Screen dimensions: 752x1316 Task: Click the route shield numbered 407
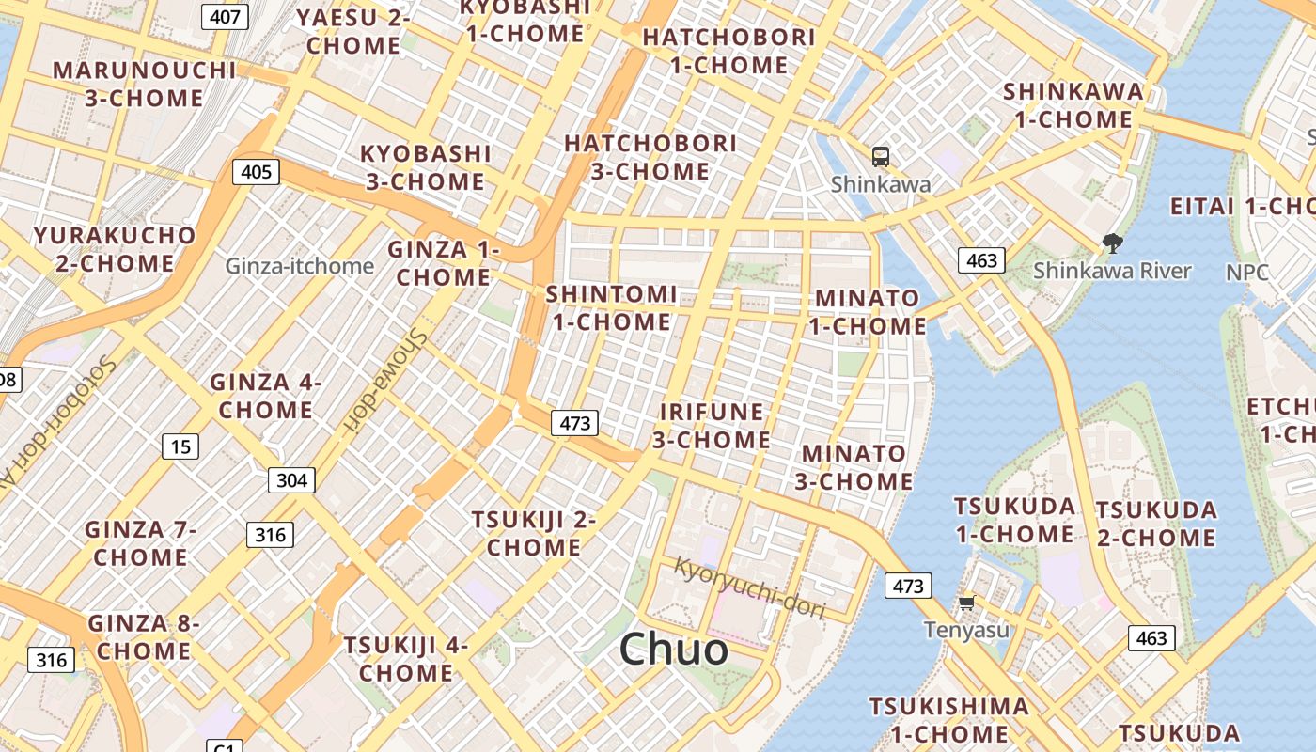click(225, 16)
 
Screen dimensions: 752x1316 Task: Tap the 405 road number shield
click(256, 171)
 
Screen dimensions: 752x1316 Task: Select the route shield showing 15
click(180, 446)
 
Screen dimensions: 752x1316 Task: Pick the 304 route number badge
click(291, 480)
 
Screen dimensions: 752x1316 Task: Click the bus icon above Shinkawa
click(881, 156)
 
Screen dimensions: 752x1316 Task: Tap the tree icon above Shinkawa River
click(1112, 244)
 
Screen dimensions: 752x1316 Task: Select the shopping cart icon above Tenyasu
click(966, 603)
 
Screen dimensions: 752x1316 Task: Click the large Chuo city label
click(674, 650)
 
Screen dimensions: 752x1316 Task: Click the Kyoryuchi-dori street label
click(749, 588)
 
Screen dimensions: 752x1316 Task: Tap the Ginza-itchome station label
click(299, 266)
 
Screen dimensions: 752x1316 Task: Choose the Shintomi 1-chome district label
click(611, 308)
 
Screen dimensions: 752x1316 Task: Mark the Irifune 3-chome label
click(712, 426)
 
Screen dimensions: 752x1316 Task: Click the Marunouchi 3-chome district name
click(144, 84)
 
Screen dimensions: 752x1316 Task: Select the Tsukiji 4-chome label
click(406, 659)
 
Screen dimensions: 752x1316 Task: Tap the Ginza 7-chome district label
click(141, 542)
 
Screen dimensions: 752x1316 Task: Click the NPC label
click(1247, 273)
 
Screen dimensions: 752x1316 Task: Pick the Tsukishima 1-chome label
click(948, 719)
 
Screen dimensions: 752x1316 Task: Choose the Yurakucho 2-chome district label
click(115, 249)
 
